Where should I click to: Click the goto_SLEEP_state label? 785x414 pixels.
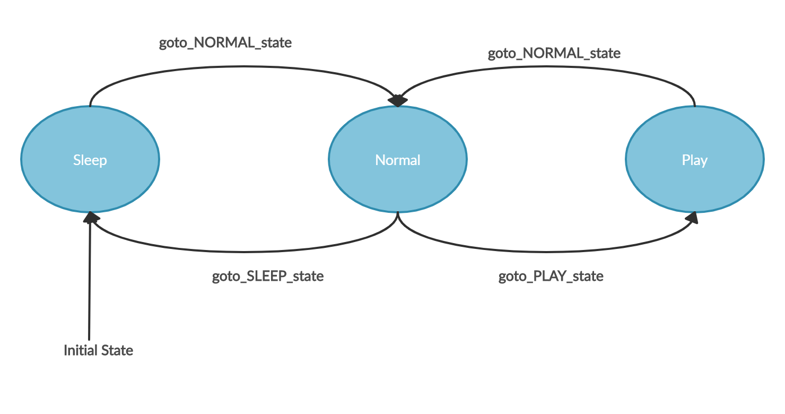(x=268, y=277)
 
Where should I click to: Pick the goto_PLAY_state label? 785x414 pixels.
(x=551, y=277)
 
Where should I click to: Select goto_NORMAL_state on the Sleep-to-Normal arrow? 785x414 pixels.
(x=225, y=43)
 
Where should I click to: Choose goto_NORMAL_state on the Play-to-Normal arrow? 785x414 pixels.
(x=554, y=54)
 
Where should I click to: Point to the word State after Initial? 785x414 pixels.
(x=118, y=350)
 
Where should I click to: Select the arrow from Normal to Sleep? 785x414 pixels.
(x=239, y=250)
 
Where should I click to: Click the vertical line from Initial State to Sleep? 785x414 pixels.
(x=90, y=276)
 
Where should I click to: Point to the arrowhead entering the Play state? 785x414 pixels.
(x=692, y=218)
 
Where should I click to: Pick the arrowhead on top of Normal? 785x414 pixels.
(x=398, y=100)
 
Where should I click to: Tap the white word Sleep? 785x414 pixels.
(x=90, y=160)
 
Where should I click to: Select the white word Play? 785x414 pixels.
(x=695, y=160)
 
